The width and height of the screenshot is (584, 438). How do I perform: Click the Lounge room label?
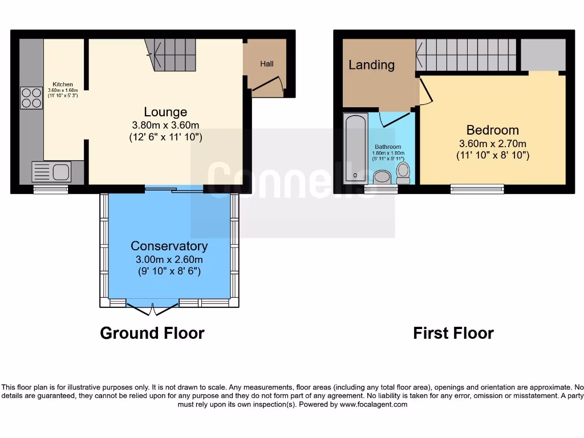click(165, 112)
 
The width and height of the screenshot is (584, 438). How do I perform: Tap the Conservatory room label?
click(169, 246)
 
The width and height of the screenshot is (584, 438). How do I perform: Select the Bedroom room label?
click(492, 130)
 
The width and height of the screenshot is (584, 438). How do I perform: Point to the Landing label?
click(371, 64)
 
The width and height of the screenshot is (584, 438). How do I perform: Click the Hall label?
click(267, 64)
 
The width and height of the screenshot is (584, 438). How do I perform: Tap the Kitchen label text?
click(63, 84)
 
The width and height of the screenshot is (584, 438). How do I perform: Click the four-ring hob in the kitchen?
click(31, 97)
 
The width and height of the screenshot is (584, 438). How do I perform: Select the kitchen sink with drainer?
click(51, 171)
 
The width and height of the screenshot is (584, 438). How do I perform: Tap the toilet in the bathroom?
click(403, 172)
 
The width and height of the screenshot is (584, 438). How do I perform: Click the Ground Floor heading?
click(152, 333)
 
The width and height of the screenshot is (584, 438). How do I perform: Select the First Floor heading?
click(453, 333)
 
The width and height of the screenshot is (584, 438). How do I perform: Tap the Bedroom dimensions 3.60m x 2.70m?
click(493, 143)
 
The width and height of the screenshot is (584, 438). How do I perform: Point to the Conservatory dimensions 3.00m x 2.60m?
click(169, 259)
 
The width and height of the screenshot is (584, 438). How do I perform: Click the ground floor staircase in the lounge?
click(171, 55)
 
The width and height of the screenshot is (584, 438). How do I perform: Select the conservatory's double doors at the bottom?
click(153, 309)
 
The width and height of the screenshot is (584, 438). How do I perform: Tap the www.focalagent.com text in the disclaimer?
click(374, 404)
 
